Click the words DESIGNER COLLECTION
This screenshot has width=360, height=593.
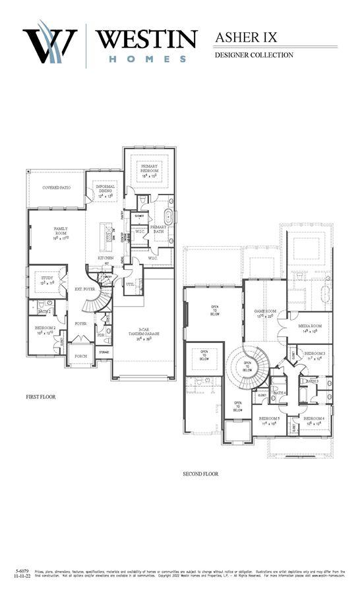click(254, 55)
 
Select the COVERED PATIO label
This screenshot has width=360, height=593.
click(57, 188)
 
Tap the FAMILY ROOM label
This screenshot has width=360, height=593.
click(60, 232)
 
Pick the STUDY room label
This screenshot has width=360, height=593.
click(47, 279)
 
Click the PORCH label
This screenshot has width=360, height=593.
click(80, 356)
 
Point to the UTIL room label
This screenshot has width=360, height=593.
click(130, 284)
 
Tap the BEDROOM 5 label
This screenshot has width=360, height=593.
click(269, 420)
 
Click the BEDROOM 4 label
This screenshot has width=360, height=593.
click(314, 420)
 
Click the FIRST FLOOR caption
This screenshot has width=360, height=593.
click(41, 397)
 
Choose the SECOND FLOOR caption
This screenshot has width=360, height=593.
click(200, 474)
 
